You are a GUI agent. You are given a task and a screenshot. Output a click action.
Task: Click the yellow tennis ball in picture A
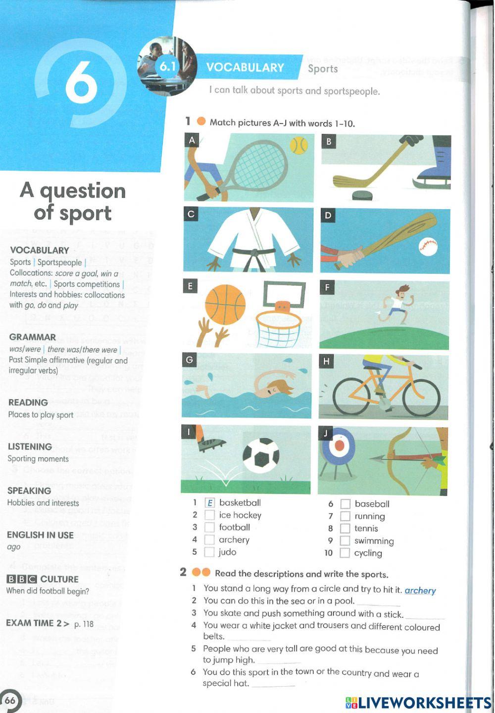tap(298, 146)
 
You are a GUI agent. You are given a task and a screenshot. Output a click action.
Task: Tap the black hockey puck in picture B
tap(362, 195)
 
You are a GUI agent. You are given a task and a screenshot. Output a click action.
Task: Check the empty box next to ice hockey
tap(209, 516)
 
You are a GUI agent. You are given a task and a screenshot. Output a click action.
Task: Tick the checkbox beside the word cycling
tap(345, 553)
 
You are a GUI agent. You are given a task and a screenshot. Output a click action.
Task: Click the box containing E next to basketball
tap(209, 503)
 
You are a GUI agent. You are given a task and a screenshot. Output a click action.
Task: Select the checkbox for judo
tap(209, 552)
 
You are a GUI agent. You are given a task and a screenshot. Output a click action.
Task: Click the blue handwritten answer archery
tap(420, 591)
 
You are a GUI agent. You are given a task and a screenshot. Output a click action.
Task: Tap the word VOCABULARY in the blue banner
tap(245, 68)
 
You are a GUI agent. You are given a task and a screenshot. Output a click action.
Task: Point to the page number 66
tap(10, 700)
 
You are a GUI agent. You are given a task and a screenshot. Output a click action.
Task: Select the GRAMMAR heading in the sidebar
tap(32, 337)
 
